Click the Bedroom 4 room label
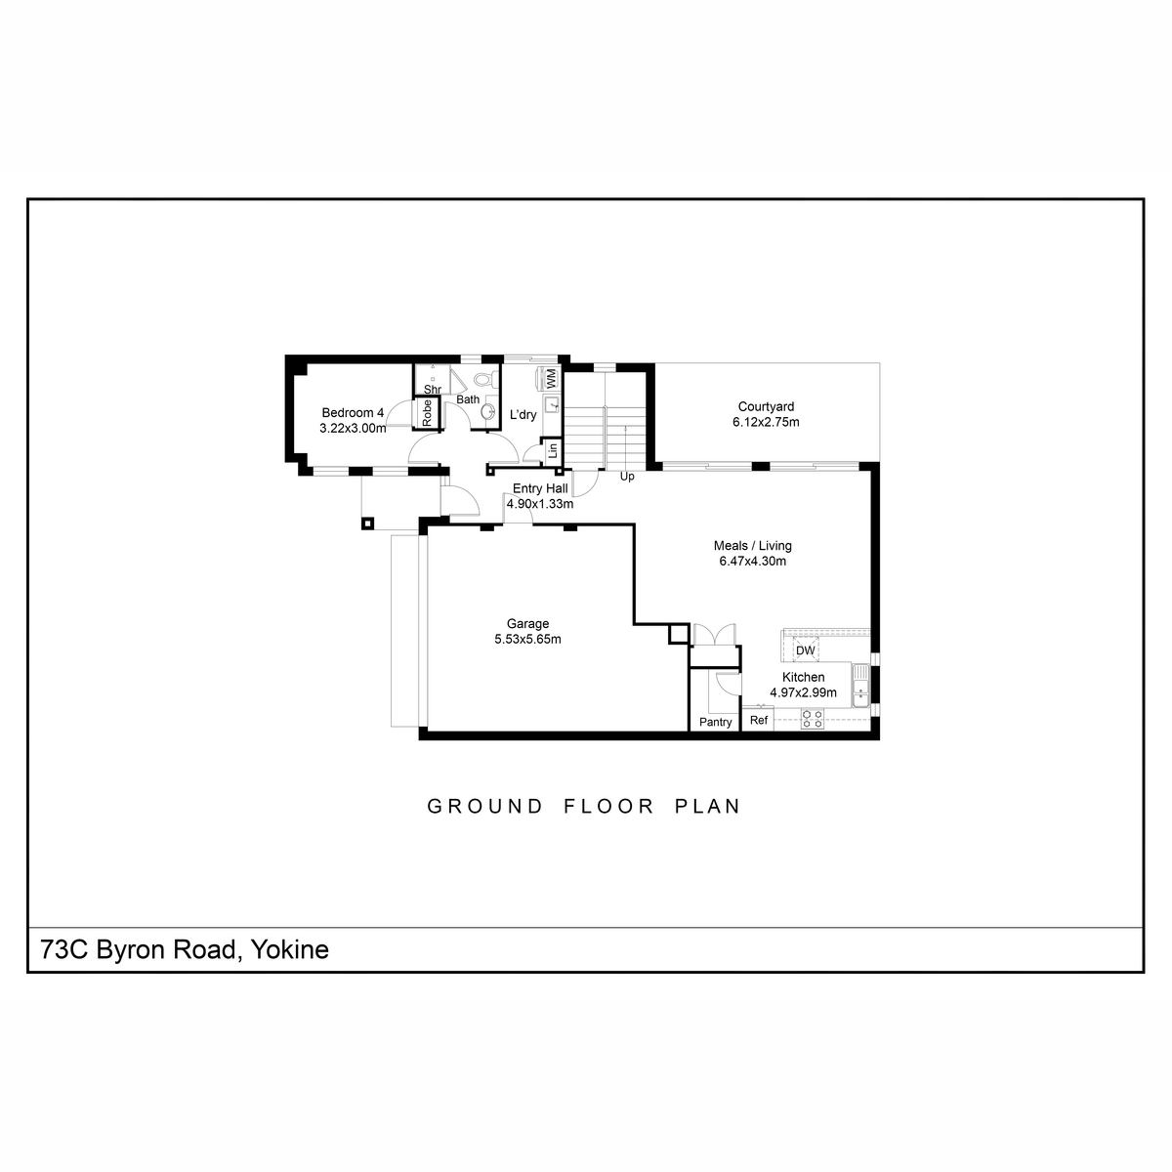(353, 413)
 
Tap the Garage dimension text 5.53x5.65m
(528, 639)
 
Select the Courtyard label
(766, 407)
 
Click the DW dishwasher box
(805, 650)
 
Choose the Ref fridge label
(759, 720)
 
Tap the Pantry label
(715, 722)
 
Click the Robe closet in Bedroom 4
(427, 413)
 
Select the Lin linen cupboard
(551, 451)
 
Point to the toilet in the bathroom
(484, 380)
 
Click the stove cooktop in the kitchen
(812, 719)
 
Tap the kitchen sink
(860, 686)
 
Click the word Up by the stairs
(627, 477)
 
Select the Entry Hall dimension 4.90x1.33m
(540, 504)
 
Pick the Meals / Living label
(753, 546)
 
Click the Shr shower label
(433, 390)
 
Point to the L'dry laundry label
(523, 415)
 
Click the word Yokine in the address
(290, 948)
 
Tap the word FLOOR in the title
(608, 807)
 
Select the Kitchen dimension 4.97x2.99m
(804, 692)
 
